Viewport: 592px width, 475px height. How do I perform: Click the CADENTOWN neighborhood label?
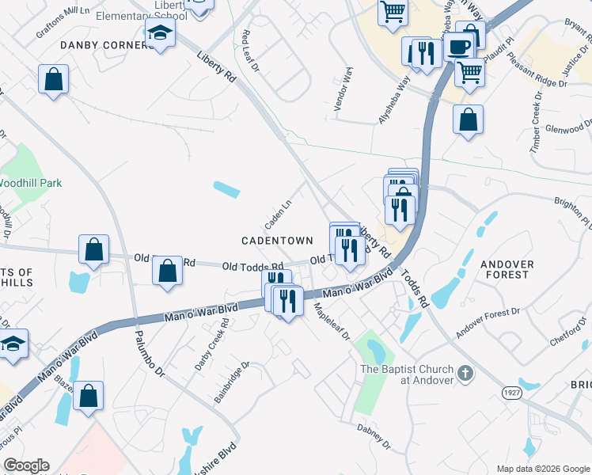[x=283, y=240]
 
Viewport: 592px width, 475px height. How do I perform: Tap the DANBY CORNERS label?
[x=106, y=46]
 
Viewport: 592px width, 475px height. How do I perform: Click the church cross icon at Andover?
[x=466, y=373]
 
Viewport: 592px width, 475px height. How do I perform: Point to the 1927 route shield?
[x=510, y=392]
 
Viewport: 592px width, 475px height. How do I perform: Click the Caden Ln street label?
[x=278, y=211]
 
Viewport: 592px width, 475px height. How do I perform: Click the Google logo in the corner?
[x=26, y=465]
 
